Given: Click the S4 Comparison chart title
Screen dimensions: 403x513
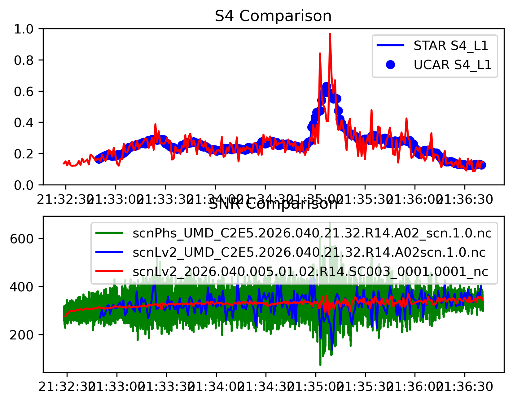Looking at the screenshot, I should pos(273,16).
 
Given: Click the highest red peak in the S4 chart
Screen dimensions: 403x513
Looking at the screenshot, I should pos(330,34).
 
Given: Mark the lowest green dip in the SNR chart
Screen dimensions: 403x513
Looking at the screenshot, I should pos(320,365).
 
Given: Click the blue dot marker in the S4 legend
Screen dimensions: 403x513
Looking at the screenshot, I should pos(391,65).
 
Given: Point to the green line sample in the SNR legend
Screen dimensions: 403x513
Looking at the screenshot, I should pos(109,233).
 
